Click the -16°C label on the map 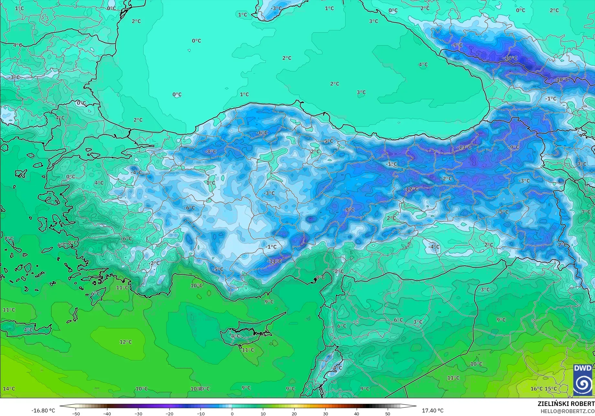pyautogui.click(x=510, y=58)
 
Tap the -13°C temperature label pyautogui.click(x=465, y=147)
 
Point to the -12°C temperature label pyautogui.click(x=411, y=189)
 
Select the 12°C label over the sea pyautogui.click(x=126, y=342)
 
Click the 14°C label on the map pyautogui.click(x=9, y=389)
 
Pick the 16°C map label pyautogui.click(x=536, y=389)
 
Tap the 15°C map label pyautogui.click(x=551, y=389)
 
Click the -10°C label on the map pyautogui.click(x=562, y=80)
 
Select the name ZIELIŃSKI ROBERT pyautogui.click(x=566, y=404)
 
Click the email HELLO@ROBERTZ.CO pyautogui.click(x=568, y=411)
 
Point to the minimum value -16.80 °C pyautogui.click(x=43, y=411)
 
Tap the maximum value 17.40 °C pyautogui.click(x=433, y=411)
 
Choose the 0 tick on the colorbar pyautogui.click(x=232, y=413)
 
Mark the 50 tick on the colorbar pyautogui.click(x=388, y=413)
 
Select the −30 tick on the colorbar pyautogui.click(x=138, y=413)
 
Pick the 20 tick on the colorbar pyautogui.click(x=294, y=413)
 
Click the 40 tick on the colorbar pyautogui.click(x=356, y=413)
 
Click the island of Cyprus pyautogui.click(x=246, y=335)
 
